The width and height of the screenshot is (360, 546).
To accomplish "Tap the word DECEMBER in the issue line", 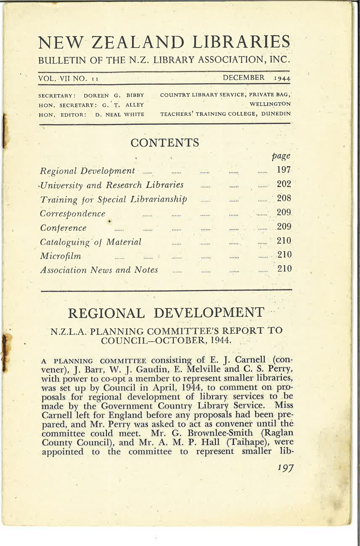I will coord(243,78).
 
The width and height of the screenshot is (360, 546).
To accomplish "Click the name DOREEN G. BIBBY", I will coord(114,96).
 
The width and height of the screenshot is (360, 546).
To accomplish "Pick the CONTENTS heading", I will coord(165,143).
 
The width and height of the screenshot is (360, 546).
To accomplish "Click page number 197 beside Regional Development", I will coord(284,170).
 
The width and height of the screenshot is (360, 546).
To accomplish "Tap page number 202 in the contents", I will coord(284,184).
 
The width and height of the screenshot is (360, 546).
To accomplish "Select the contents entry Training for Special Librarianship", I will coord(113,199).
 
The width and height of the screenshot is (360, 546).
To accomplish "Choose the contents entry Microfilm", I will coord(60,256).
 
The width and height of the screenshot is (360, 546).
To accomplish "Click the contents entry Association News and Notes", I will coord(99,270).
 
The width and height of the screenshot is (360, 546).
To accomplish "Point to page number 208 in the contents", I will coord(284,198).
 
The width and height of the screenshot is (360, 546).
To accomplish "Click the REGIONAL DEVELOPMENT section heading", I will coord(166,313).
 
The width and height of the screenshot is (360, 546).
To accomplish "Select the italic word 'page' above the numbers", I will coord(281,155).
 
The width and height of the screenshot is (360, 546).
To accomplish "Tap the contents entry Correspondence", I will coord(73,213).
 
